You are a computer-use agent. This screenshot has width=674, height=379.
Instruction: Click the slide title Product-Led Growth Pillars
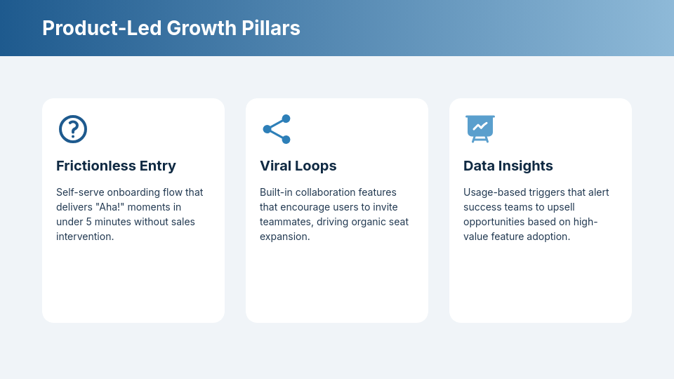tap(171, 28)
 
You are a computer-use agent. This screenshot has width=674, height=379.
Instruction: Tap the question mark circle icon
tap(73, 129)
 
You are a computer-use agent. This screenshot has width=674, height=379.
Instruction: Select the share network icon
tap(277, 129)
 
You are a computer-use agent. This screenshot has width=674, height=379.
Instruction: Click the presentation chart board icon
tap(480, 129)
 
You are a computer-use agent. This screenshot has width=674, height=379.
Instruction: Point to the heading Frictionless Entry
tap(116, 166)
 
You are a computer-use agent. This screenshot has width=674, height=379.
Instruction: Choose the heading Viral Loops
tap(298, 166)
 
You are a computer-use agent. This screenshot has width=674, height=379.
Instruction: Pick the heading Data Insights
tap(508, 166)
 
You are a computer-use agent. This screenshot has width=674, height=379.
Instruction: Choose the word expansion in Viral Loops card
tap(284, 237)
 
